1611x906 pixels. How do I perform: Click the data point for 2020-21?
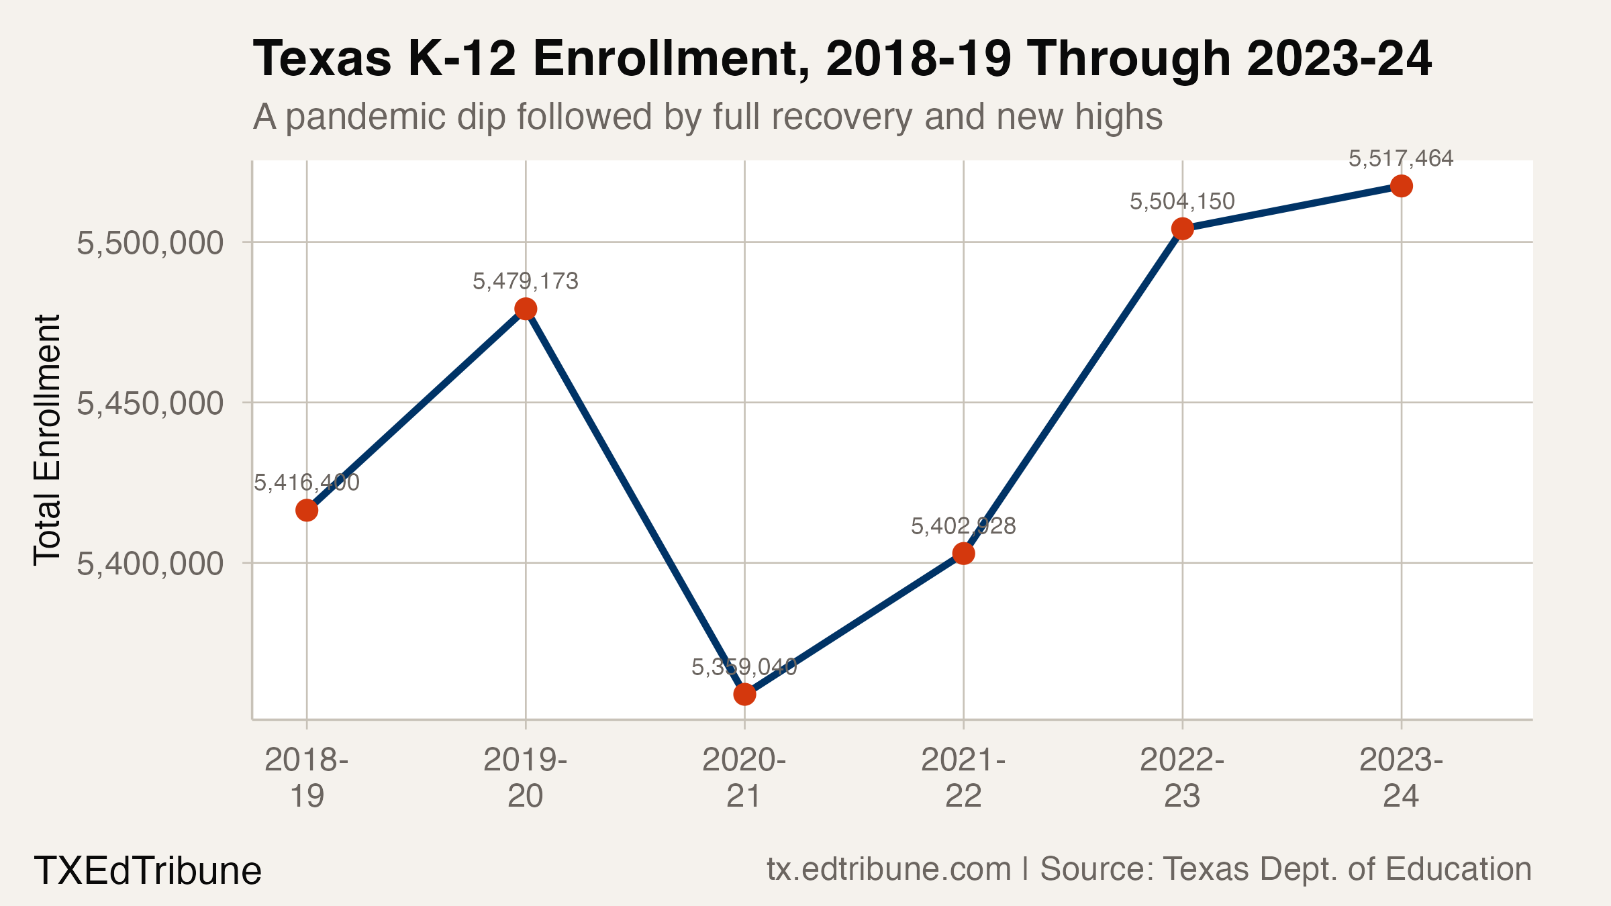point(744,694)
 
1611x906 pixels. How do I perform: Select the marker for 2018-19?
point(307,511)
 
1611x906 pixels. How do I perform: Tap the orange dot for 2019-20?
point(526,309)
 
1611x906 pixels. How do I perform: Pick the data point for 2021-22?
point(963,554)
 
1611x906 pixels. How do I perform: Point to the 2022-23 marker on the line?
point(1182,229)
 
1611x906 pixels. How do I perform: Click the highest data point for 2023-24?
point(1401,186)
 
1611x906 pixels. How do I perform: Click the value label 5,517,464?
point(1401,159)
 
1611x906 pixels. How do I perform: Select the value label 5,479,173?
point(526,281)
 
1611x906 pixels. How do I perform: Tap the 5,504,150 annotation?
point(1182,201)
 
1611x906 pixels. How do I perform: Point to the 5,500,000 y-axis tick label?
point(150,243)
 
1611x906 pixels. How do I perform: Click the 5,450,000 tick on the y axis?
point(150,403)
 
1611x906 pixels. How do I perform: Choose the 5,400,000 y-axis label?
point(150,564)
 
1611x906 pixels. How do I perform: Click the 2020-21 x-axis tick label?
point(744,778)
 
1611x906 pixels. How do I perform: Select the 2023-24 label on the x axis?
point(1401,778)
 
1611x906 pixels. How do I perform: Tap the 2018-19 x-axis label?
point(307,778)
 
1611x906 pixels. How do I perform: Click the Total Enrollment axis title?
point(47,440)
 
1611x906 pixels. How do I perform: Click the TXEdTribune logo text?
point(148,871)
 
